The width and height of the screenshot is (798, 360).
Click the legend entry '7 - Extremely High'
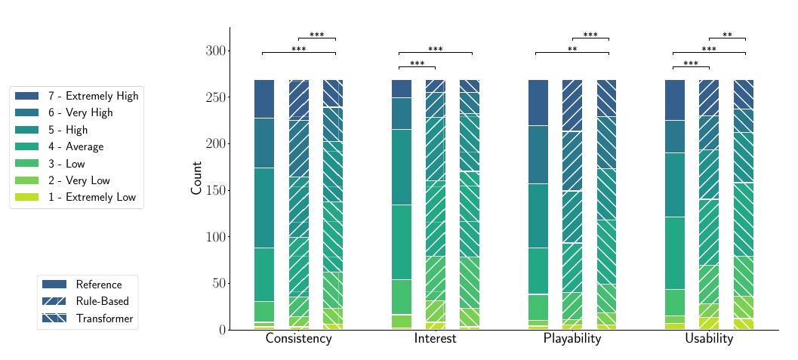pos(93,97)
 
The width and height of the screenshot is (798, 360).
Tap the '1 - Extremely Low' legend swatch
pos(26,198)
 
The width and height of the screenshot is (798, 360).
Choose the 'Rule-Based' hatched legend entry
pos(103,302)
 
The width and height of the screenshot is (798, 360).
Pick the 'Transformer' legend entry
pos(104,319)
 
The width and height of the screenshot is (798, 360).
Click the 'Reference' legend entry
pos(98,285)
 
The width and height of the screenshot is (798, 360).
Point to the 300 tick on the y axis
pos(216,51)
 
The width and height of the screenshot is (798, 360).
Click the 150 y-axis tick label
pos(216,190)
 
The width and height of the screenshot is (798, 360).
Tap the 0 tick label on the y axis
pos(223,330)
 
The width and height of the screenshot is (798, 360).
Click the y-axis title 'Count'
pos(196,178)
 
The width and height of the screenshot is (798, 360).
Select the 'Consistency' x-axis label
pos(298,340)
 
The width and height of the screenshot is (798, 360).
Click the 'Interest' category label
pos(435,340)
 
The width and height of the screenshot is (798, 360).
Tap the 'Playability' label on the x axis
pos(572,340)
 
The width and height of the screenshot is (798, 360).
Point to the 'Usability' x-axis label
pos(709,340)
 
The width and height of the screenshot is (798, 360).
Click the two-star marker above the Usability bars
pos(727,35)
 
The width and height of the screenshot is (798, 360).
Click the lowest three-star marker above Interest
pos(417,64)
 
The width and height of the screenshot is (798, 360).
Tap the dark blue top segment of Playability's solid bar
pos(538,103)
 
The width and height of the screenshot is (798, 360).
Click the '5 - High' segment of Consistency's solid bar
pos(264,208)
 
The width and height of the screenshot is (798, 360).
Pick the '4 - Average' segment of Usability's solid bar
pos(675,253)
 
